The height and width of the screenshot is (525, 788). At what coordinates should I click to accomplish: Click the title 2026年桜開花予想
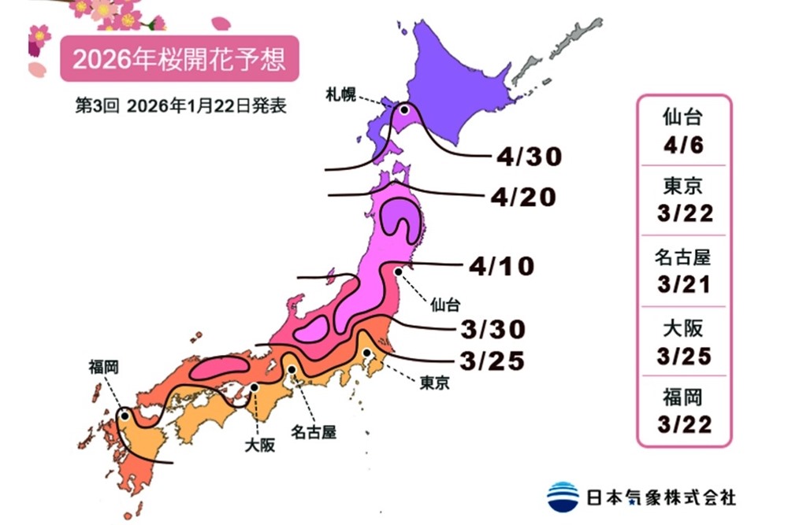pyautogui.click(x=179, y=60)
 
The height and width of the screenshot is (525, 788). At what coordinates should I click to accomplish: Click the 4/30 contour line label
pyautogui.click(x=529, y=157)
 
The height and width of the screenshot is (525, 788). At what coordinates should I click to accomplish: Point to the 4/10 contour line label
pyautogui.click(x=501, y=266)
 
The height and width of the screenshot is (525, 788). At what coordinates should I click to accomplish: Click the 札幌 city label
pyautogui.click(x=341, y=95)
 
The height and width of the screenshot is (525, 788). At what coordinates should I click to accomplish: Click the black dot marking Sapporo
pyautogui.click(x=404, y=111)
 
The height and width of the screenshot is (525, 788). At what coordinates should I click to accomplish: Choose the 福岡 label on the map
pyautogui.click(x=104, y=366)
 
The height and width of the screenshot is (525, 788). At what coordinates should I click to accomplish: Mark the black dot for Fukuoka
pyautogui.click(x=125, y=416)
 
